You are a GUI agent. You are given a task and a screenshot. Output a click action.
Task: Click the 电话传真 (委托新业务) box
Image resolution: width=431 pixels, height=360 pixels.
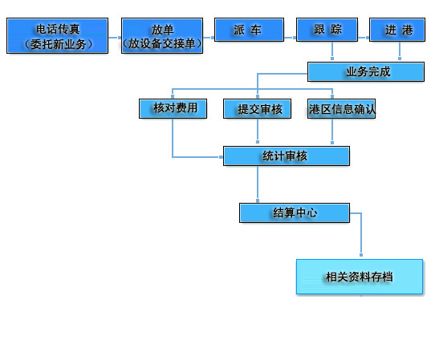coord(58,36)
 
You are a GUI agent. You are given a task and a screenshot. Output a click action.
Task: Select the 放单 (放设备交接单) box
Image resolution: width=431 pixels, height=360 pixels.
coord(162,36)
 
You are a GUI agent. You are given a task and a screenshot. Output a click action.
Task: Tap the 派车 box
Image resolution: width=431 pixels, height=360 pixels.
coord(249,30)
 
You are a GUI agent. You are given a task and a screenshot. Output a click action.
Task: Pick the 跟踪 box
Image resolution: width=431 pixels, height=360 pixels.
coord(327,30)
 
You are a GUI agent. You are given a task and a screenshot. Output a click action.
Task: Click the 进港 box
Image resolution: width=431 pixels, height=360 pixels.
coord(397,30)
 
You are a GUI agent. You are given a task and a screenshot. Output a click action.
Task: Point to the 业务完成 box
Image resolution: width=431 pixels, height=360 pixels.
coord(366,71)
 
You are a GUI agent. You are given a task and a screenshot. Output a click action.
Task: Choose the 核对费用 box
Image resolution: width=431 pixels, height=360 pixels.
coord(173,108)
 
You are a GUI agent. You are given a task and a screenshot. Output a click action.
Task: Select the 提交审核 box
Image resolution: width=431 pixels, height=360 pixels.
coord(258,108)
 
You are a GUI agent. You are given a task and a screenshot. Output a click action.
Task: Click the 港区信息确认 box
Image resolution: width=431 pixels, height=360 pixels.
coord(341,108)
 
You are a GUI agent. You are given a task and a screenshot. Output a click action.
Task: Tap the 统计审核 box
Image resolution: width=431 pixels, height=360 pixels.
coord(287,156)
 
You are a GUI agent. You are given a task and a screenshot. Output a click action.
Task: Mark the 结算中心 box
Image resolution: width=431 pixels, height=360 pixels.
coord(295,212)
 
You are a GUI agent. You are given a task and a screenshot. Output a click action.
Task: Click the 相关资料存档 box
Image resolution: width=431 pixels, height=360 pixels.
coord(360,277)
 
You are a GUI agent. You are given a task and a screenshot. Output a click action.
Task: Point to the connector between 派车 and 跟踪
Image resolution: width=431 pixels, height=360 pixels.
coord(290,38)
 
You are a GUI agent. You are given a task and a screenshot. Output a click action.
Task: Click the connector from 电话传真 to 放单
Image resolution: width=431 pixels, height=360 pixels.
coord(115,38)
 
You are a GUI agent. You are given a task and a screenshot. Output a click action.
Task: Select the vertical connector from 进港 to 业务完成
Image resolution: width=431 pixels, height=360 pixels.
coord(400,51)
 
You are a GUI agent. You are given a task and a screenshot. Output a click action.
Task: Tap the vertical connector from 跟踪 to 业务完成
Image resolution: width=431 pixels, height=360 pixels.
coord(332,51)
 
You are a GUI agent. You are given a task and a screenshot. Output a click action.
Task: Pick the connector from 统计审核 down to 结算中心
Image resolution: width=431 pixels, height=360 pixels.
coord(258,184)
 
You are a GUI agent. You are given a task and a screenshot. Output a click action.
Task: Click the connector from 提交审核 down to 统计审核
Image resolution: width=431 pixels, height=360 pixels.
coord(258,131)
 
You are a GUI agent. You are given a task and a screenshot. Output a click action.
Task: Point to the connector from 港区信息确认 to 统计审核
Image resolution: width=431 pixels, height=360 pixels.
coord(332,131)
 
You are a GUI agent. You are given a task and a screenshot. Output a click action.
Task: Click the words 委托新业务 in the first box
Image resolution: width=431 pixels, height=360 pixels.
coord(58,44)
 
